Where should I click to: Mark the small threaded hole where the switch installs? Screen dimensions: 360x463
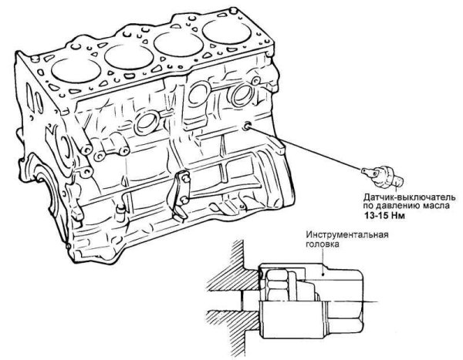click(x=246, y=125)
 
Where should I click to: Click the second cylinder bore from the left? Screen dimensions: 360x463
click(x=128, y=53)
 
